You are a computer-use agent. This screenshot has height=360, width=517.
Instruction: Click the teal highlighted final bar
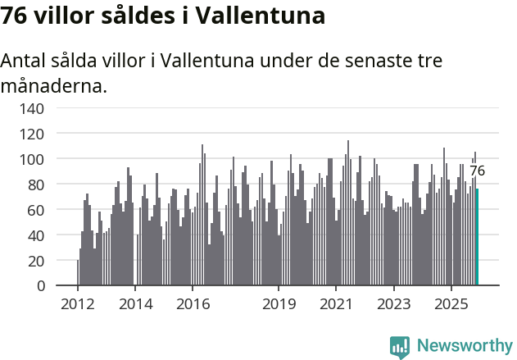(477, 237)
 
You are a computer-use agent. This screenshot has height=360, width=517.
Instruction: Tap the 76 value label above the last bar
(477, 171)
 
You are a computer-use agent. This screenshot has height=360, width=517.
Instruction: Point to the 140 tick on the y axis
(32, 107)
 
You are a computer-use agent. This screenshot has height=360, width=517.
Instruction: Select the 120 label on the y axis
(32, 133)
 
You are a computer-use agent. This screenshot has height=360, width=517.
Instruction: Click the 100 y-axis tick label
(32, 158)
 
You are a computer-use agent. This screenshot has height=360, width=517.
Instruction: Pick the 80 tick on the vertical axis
(36, 185)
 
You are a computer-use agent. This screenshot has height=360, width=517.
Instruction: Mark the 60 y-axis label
(36, 210)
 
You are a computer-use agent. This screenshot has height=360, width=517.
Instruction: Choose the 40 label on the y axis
(36, 235)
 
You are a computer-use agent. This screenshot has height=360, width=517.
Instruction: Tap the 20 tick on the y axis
(36, 261)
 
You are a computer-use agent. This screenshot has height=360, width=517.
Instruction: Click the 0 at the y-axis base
(40, 286)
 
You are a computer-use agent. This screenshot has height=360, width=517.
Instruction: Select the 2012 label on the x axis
(78, 304)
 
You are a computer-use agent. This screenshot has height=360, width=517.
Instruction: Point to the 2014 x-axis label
(135, 304)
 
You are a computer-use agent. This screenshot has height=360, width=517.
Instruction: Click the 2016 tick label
(193, 304)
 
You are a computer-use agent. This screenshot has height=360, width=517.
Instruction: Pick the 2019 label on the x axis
(279, 304)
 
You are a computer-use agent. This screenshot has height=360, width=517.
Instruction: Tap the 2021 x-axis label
(336, 304)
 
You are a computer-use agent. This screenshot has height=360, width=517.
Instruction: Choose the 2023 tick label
(393, 304)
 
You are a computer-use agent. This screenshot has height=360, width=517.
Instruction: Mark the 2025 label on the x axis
(451, 304)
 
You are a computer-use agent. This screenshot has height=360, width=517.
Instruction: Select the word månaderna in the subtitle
(53, 84)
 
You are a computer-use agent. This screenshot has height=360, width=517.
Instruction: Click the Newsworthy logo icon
(400, 347)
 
